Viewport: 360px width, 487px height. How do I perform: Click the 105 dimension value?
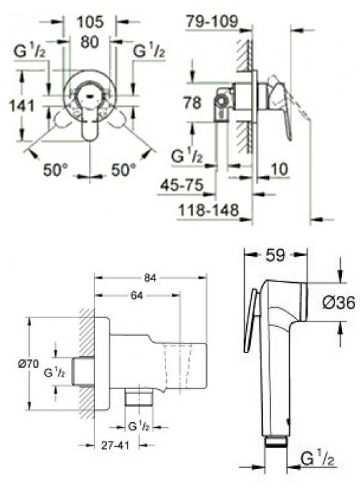90,22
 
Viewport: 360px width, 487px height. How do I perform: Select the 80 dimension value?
90,42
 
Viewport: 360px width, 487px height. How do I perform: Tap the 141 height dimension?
21,106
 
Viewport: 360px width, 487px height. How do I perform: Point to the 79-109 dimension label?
212,21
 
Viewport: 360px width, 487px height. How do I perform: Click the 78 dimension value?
192,103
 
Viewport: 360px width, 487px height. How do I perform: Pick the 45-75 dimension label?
182,186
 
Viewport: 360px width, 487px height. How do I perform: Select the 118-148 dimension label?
209,210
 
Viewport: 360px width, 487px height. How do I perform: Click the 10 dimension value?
279,169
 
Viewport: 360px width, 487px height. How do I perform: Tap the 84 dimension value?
150,278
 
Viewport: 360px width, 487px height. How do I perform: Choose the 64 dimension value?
137,295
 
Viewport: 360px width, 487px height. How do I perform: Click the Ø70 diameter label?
28,364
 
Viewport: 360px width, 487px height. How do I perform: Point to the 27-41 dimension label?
115,446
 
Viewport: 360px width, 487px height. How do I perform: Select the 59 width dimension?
275,255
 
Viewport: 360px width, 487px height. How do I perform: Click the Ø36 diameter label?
339,303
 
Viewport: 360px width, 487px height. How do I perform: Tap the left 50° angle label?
55,170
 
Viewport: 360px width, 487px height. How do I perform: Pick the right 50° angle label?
123,170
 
